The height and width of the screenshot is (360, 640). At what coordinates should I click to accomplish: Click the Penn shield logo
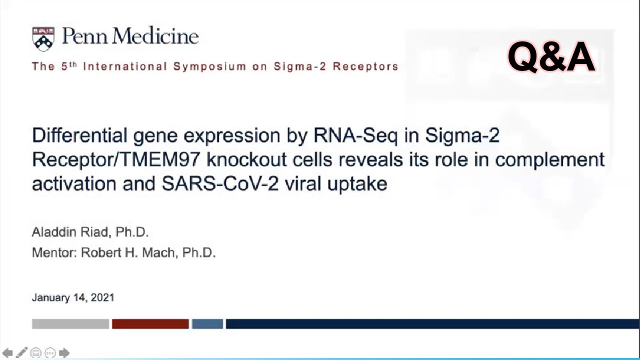point(43,39)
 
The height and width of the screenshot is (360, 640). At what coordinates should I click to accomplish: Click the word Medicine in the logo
point(155,36)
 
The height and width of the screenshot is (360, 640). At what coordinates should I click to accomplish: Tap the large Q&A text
point(551,57)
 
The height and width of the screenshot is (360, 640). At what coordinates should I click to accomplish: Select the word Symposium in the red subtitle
point(209,66)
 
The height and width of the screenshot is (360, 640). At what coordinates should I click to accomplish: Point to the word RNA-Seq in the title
point(355,135)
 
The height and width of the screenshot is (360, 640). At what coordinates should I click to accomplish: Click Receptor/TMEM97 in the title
point(116,159)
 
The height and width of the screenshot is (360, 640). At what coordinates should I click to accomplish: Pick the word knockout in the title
point(246,159)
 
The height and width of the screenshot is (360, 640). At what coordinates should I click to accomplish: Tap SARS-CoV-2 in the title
point(220,183)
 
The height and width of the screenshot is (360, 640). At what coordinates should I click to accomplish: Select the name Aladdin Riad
point(70,232)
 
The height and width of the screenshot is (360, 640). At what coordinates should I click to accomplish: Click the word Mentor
point(53,252)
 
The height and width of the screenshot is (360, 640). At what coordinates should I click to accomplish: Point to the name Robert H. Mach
point(128,252)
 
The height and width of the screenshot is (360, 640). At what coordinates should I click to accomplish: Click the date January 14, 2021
point(73,297)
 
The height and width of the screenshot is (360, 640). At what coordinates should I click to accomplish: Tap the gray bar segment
point(70,324)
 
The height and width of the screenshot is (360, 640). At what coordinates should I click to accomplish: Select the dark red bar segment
point(150,324)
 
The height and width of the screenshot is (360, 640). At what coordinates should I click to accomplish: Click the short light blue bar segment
point(207,324)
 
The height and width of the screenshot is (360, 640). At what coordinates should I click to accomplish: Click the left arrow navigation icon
point(7,353)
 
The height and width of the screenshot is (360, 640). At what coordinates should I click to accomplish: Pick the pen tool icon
point(21,352)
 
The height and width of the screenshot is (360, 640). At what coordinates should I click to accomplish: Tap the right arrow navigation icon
point(64,353)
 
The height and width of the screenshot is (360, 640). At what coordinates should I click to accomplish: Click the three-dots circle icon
point(50,353)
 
